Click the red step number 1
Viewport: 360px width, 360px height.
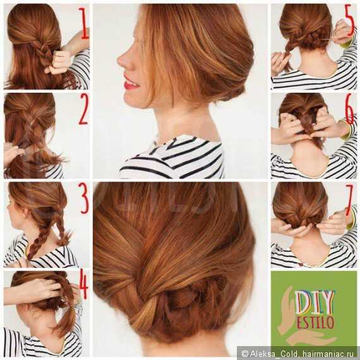pyautogui.click(x=84, y=23)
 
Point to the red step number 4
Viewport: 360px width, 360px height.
pyautogui.click(x=83, y=285)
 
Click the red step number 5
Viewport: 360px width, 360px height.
pyautogui.click(x=349, y=21)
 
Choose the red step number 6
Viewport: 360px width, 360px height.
pyautogui.click(x=349, y=109)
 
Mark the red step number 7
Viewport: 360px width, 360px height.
pyautogui.click(x=350, y=199)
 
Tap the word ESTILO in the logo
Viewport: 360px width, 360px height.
pyautogui.click(x=315, y=322)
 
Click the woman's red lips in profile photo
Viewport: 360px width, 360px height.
pyautogui.click(x=130, y=83)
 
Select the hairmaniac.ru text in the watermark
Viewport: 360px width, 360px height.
pyautogui.click(x=330, y=353)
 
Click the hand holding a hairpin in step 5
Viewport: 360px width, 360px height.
pyautogui.click(x=343, y=32)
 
